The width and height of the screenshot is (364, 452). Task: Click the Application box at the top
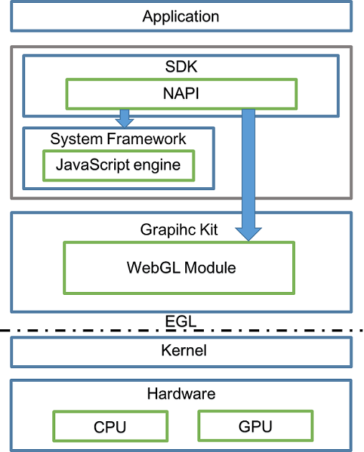(181, 16)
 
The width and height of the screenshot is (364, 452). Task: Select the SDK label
(181, 67)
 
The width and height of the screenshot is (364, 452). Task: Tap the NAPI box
(182, 94)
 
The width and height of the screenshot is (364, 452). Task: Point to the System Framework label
(118, 139)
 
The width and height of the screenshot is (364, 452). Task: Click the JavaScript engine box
(118, 166)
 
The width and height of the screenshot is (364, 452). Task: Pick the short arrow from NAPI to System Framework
(124, 118)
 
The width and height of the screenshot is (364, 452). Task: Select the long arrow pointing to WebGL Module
(248, 174)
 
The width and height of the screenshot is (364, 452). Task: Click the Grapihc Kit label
(179, 230)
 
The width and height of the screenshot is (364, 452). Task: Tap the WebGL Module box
(179, 268)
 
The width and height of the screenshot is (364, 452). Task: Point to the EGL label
(181, 321)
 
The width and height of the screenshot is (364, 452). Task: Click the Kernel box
(181, 352)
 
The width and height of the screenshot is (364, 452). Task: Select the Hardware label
(181, 394)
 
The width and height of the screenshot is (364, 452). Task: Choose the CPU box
(111, 426)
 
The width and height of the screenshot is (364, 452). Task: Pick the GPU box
(256, 425)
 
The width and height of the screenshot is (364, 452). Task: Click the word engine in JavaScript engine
(157, 166)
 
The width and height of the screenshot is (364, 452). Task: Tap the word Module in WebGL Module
(210, 268)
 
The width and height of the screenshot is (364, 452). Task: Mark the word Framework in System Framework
(146, 139)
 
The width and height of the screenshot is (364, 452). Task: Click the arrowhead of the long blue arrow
(248, 234)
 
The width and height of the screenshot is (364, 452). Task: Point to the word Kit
(209, 230)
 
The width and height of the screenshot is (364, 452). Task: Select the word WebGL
(154, 268)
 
